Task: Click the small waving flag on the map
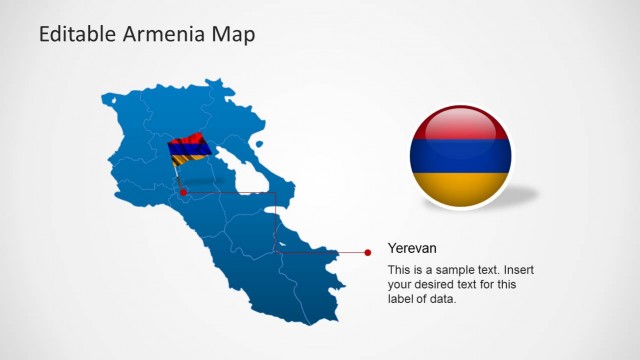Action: [188, 149]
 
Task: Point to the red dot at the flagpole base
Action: [183, 191]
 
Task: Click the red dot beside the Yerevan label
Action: [368, 252]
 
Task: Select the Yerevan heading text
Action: [412, 248]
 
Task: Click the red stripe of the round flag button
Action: [460, 126]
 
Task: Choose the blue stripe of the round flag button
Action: [460, 155]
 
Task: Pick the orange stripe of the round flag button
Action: [460, 185]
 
